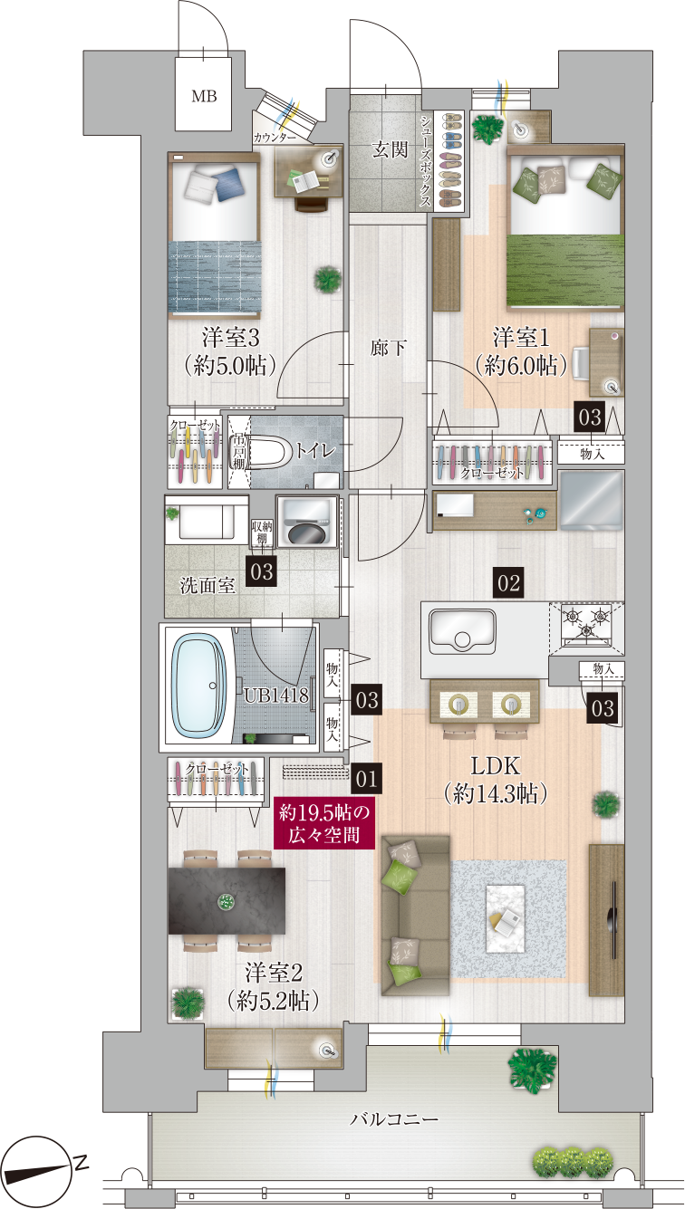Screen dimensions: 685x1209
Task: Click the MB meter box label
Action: click(204, 96)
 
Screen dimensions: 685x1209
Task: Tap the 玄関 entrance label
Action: click(390, 149)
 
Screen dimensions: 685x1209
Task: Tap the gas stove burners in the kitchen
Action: click(586, 624)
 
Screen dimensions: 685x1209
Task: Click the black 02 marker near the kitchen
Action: click(508, 583)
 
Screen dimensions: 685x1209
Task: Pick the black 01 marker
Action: click(366, 778)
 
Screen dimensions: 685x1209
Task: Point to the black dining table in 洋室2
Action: click(227, 900)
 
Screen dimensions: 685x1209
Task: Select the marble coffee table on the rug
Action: click(505, 919)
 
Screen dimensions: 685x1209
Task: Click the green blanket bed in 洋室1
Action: click(565, 229)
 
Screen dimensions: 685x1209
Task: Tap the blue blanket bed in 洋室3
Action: click(215, 235)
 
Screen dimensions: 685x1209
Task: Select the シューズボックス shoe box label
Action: click(426, 160)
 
